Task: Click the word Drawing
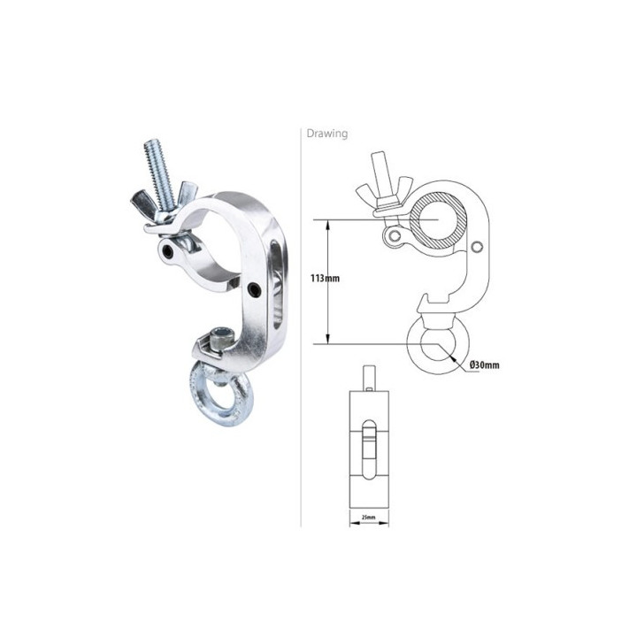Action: coord(327,134)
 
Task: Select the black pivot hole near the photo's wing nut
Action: coord(169,254)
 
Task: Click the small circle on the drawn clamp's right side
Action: coord(479,246)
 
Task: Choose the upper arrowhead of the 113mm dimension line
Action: coord(329,225)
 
